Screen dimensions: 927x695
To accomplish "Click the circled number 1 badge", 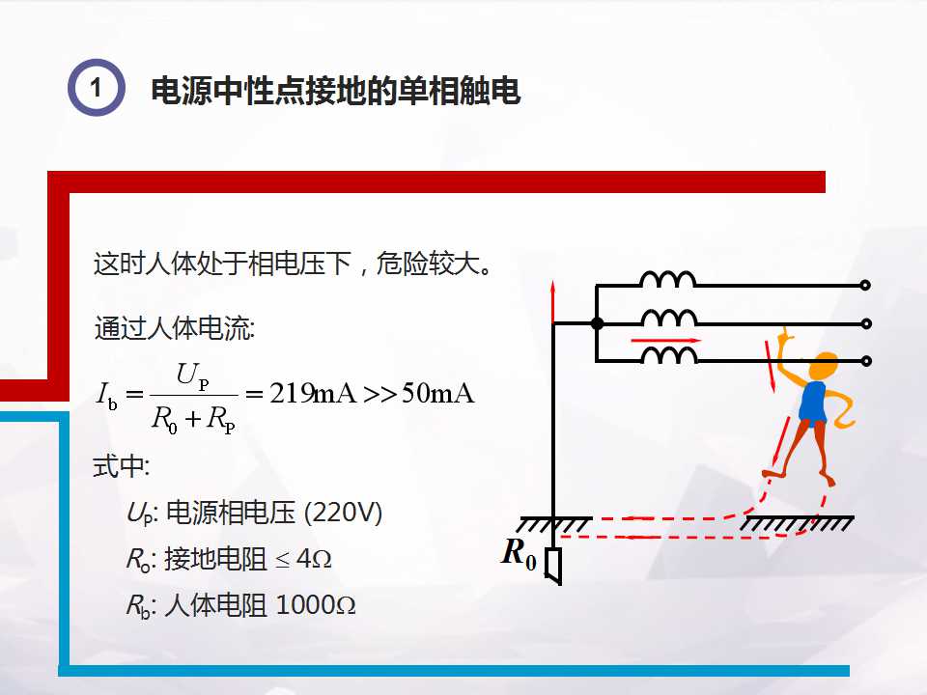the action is tap(96, 88).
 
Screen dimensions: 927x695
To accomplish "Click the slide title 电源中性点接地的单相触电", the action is tap(336, 91).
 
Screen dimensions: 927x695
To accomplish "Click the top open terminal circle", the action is tap(865, 286).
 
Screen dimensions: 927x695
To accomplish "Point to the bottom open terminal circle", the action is tap(865, 361).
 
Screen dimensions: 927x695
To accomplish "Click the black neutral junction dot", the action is tap(597, 323).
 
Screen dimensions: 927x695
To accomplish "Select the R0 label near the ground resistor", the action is tap(520, 554).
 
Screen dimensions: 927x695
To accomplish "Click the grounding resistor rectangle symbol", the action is tap(553, 565).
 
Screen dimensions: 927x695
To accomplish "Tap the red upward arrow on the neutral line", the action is tap(553, 302).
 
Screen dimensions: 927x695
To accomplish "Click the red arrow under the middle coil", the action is tap(664, 341).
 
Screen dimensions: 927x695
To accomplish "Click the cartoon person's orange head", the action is tap(824, 368).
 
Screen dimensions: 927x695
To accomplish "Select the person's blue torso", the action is tap(814, 403).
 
